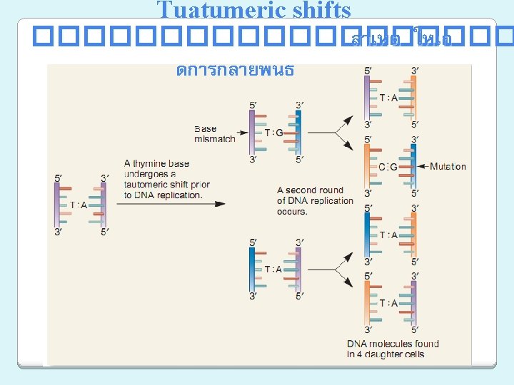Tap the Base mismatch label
pos(214,134)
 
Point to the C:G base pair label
pos(389,167)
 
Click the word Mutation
pos(448,167)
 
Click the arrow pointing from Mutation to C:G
pos(422,167)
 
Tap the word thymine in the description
pos(151,163)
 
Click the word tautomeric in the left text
pos(151,185)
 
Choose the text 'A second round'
pos(310,190)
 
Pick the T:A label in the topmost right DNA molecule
pos(389,98)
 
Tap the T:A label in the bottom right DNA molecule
pos(389,303)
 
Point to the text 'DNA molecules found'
pos(393,344)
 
